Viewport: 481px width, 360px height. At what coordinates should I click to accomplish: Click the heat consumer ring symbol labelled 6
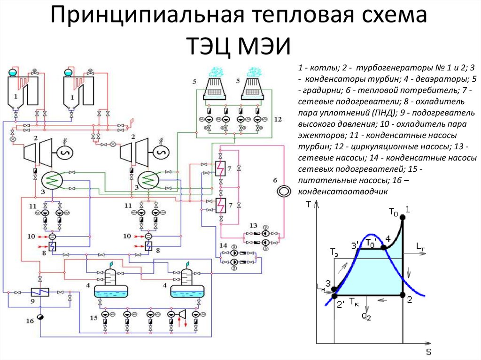tap(284, 191)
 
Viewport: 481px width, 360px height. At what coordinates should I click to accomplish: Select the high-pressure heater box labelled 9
tap(40, 292)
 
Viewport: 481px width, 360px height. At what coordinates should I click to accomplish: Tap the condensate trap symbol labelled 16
tap(40, 317)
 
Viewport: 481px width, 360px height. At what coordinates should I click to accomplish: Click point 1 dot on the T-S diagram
tap(403, 217)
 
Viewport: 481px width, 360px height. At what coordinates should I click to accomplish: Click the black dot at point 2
tap(403, 295)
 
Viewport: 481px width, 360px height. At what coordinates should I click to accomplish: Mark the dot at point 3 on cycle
tap(334, 289)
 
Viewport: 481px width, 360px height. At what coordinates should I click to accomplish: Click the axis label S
tap(428, 352)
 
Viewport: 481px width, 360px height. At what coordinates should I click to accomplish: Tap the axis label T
tap(309, 204)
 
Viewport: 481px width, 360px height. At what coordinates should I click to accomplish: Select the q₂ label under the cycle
tap(366, 316)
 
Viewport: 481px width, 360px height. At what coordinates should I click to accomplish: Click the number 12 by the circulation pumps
tap(278, 119)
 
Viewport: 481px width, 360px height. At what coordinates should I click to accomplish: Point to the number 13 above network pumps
tap(253, 226)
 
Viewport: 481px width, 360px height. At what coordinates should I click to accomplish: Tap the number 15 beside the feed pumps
tap(93, 318)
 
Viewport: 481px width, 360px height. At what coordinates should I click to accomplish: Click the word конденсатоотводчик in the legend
tap(343, 191)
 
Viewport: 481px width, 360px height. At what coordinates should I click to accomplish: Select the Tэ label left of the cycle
tap(334, 252)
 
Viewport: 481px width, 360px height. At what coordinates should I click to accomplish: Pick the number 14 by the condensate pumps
tap(223, 245)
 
